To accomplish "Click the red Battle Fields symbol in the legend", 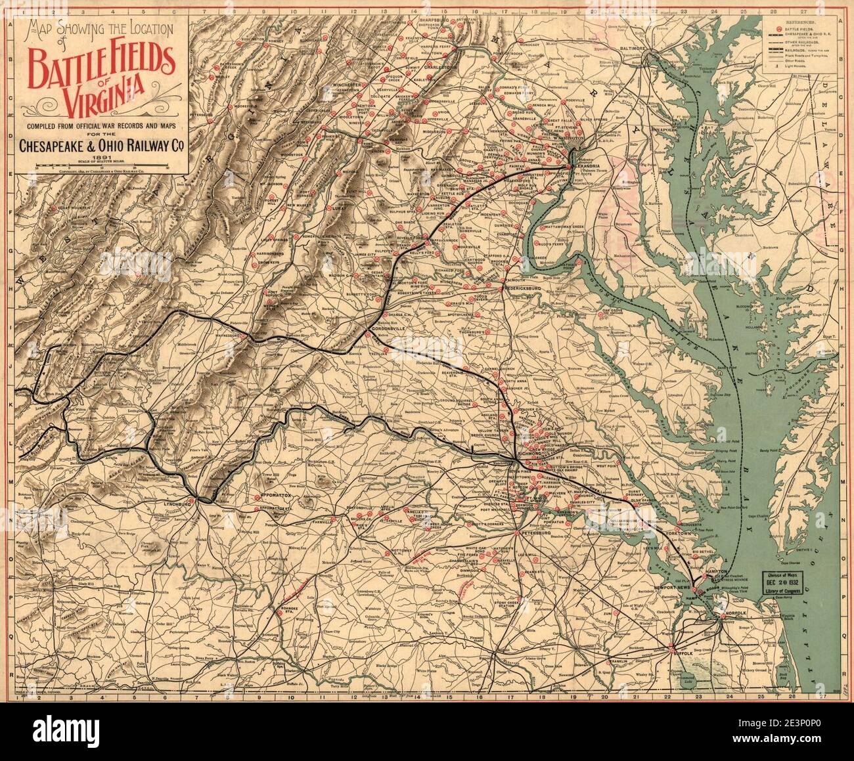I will point(780,30).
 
